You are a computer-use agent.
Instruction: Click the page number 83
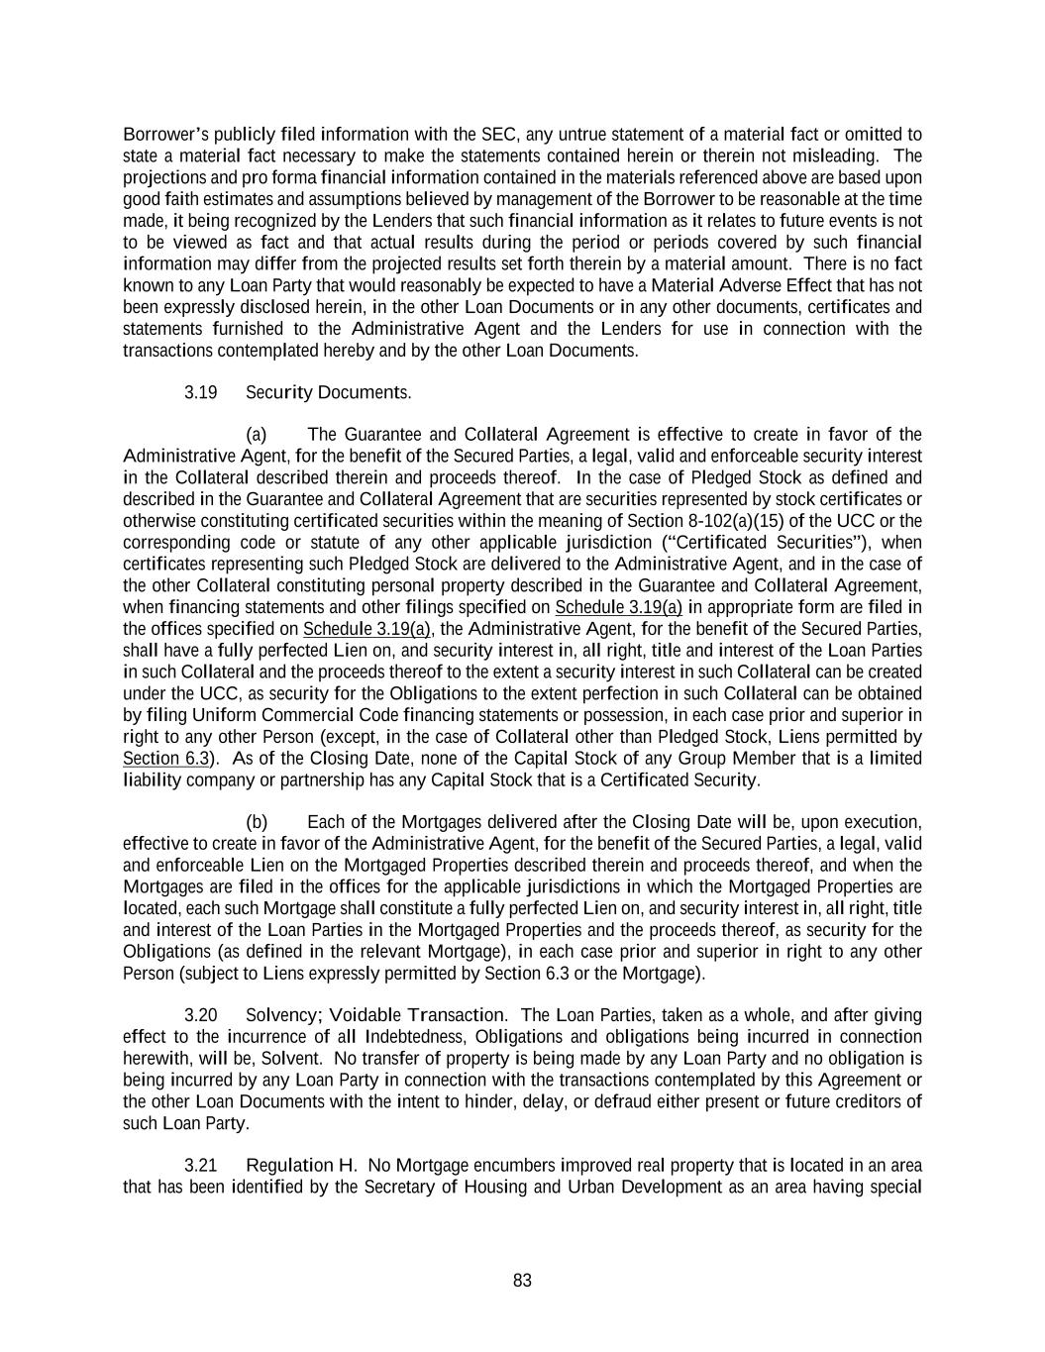pyautogui.click(x=522, y=1281)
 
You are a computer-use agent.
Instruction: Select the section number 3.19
pyautogui.click(x=200, y=392)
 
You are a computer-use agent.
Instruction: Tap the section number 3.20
pyautogui.click(x=200, y=1015)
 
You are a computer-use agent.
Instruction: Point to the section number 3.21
pyautogui.click(x=200, y=1165)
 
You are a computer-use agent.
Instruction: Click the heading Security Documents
pyautogui.click(x=328, y=392)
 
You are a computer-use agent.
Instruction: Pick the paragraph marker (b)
pyautogui.click(x=257, y=822)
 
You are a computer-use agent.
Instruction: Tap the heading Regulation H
pyautogui.click(x=301, y=1165)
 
